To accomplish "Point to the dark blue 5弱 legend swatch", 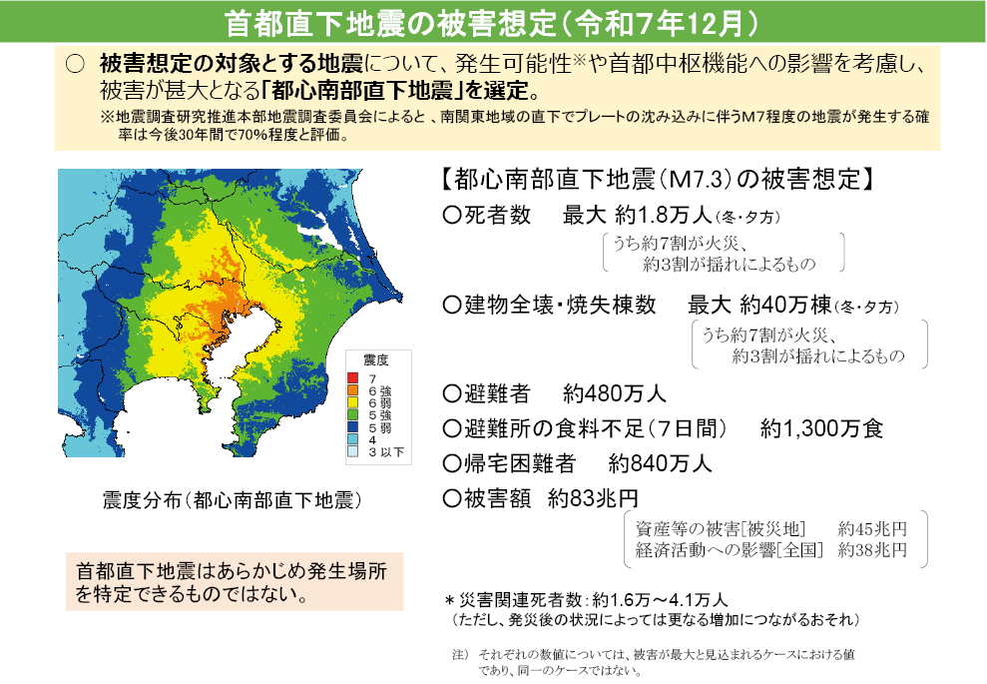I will click(x=352, y=427).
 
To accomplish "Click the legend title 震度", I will click(x=375, y=359).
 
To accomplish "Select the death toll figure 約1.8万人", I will click(x=679, y=215).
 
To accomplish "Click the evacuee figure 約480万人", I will click(x=614, y=391).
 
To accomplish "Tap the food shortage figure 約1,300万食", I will click(x=821, y=428).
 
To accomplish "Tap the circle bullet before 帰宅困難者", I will click(x=450, y=463).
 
